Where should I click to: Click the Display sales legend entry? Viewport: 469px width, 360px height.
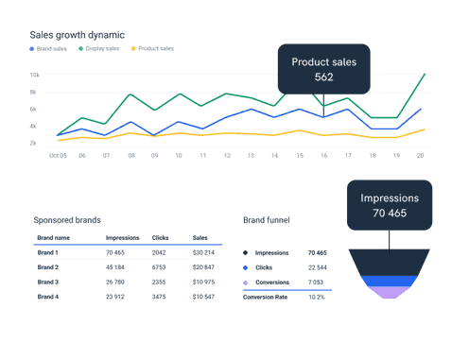pos(100,48)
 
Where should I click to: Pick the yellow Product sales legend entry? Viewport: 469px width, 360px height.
pos(152,48)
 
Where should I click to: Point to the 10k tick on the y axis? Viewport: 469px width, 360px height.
pos(35,75)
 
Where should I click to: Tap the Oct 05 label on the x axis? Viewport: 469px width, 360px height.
pos(57,155)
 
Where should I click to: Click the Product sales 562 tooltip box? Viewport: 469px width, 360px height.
pos(324,69)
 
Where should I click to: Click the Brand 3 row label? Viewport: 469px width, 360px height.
pos(48,282)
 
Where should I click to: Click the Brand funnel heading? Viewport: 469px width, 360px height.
pos(266,219)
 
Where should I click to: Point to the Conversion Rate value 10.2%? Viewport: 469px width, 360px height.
pos(315,296)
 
